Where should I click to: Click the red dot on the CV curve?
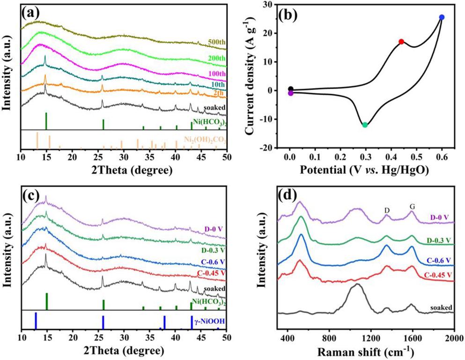pos(401,42)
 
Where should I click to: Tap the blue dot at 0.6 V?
pos(442,17)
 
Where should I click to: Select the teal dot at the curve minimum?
pos(365,125)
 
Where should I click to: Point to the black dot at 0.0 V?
pos(291,89)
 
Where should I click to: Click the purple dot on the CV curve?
pos(291,93)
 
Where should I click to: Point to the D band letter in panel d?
pos(387,211)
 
